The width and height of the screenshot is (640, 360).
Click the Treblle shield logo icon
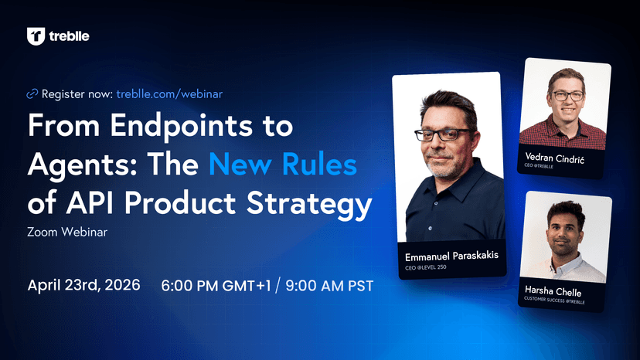point(36,36)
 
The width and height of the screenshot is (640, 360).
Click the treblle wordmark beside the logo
point(69,36)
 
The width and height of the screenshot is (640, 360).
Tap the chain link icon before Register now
point(32,94)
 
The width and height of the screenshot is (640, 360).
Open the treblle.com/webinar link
point(169,94)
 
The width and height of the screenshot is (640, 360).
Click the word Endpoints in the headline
point(181,126)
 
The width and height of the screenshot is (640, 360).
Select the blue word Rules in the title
point(319,165)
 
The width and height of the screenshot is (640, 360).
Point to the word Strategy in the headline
point(309,204)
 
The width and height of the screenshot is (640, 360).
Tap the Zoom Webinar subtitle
point(67,232)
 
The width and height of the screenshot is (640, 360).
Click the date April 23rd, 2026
point(83,285)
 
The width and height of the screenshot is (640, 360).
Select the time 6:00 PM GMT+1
point(216,286)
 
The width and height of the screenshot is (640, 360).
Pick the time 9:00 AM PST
point(329,286)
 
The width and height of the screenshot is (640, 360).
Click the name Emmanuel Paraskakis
point(451,256)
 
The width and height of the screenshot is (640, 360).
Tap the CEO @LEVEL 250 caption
point(425,268)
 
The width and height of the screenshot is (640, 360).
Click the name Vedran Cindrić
point(554,158)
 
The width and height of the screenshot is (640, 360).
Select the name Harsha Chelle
point(553,291)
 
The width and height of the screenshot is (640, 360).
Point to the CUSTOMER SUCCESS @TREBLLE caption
point(554,301)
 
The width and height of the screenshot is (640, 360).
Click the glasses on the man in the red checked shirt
point(568,96)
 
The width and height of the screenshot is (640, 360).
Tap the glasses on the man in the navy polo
point(442,134)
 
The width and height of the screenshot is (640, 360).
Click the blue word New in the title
point(240,165)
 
